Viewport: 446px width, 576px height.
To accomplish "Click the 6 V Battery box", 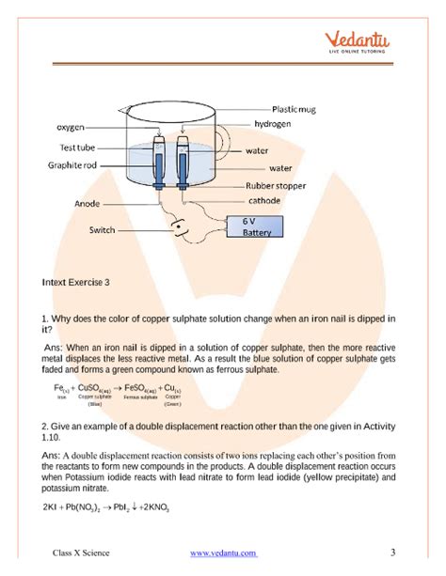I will coord(249,227).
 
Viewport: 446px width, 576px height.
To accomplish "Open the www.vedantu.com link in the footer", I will coord(223,553).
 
